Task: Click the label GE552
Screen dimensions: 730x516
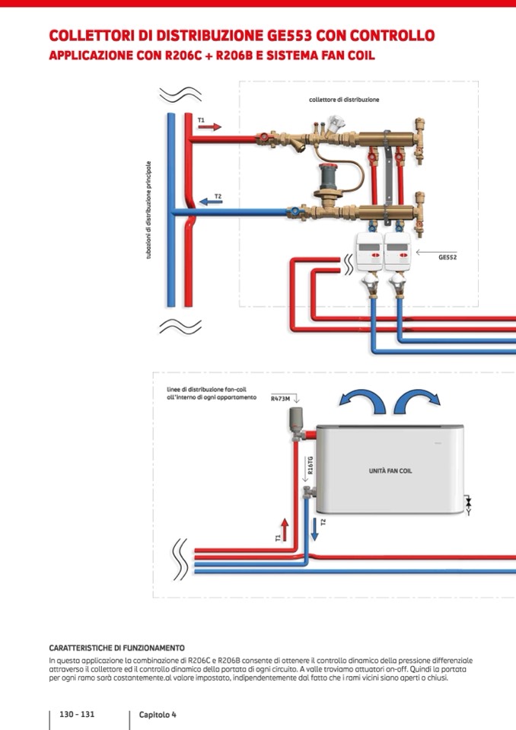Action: pos(447,257)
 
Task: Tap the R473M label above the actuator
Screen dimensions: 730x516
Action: pos(281,397)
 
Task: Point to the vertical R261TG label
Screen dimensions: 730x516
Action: pos(311,466)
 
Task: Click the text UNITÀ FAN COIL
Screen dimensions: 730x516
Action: pos(390,471)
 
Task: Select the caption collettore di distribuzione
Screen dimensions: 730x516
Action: pos(344,100)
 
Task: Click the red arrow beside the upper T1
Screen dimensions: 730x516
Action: pos(210,127)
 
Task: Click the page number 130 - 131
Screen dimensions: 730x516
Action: pos(77,714)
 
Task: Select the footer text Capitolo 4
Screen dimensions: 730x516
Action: pos(158,715)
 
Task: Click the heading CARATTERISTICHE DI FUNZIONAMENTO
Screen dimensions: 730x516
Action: pos(116,648)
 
